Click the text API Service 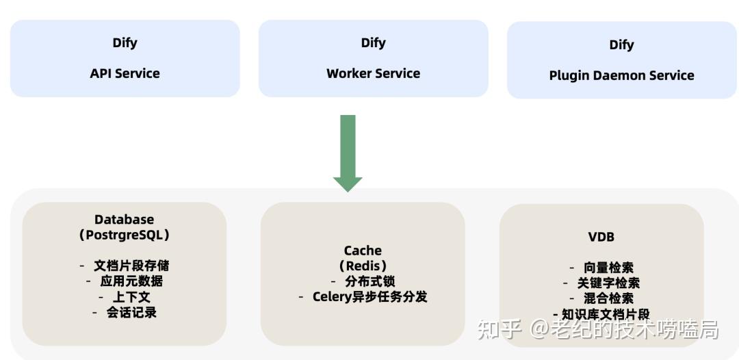[x=125, y=73]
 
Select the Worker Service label [x=373, y=73]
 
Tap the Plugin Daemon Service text [x=621, y=75]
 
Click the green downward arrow [x=348, y=154]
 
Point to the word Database [x=124, y=219]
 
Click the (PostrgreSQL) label [x=124, y=235]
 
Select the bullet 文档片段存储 [x=130, y=266]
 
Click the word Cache [x=363, y=250]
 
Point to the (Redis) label [x=363, y=266]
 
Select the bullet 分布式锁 [x=369, y=281]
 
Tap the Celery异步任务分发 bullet [x=369, y=297]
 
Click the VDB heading [x=601, y=237]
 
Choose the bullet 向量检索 [x=608, y=268]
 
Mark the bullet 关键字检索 [x=608, y=283]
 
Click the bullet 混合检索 [x=608, y=298]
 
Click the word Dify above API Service [x=125, y=42]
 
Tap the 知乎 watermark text [x=499, y=330]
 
